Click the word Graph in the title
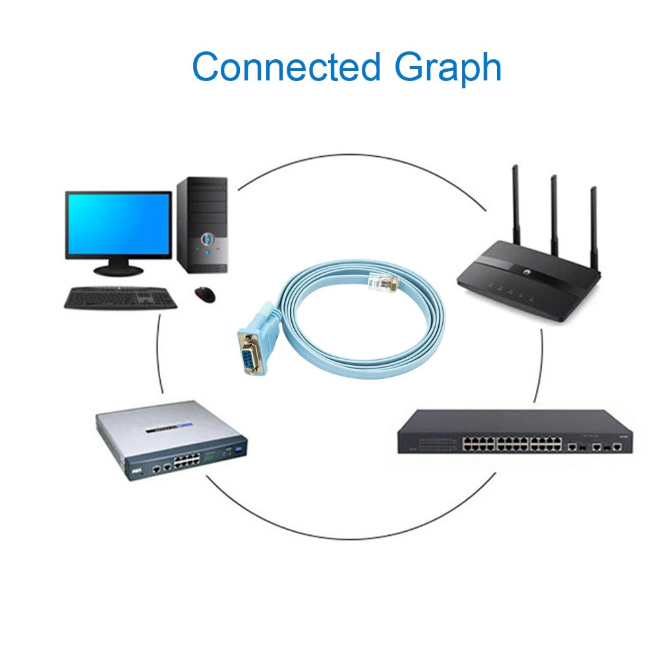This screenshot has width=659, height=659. (x=448, y=68)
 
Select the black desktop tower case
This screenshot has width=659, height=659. (x=202, y=224)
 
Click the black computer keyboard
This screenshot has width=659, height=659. (x=121, y=298)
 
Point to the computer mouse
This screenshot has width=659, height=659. (x=205, y=294)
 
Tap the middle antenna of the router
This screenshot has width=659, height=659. (x=554, y=217)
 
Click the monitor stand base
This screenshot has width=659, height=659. (x=118, y=270)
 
